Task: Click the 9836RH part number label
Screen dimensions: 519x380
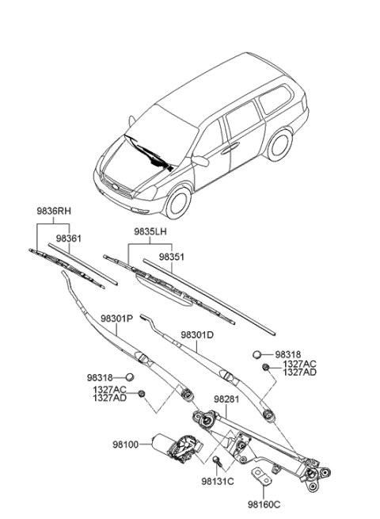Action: click(x=53, y=212)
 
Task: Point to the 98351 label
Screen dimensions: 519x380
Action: click(x=172, y=258)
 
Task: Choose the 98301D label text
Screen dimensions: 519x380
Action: click(x=197, y=335)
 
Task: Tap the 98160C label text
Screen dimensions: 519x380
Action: click(x=265, y=502)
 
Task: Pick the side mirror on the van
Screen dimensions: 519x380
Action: click(x=201, y=161)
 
